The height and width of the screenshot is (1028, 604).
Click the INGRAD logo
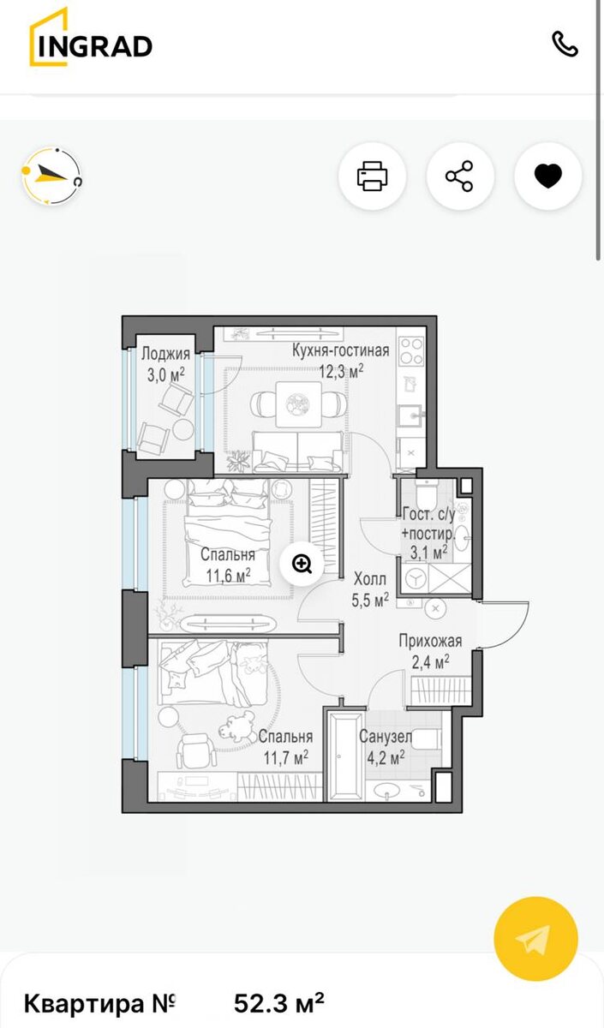tap(91, 37)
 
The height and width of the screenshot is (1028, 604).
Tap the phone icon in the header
tap(565, 44)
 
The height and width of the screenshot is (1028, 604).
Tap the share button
tap(459, 176)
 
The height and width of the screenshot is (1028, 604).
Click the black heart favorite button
tap(548, 176)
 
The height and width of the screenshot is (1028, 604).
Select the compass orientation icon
tap(52, 176)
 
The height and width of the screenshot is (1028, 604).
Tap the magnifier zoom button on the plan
tap(302, 564)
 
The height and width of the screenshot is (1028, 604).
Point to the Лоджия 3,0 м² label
tap(165, 364)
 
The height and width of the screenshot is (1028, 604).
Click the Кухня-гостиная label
tap(341, 350)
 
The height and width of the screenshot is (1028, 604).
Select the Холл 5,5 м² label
tap(370, 589)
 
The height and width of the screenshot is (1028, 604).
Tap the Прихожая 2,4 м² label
tap(430, 651)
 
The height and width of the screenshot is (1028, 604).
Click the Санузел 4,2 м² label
tap(386, 747)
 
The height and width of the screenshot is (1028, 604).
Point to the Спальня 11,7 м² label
tap(285, 747)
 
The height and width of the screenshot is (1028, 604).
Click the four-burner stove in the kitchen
tap(410, 351)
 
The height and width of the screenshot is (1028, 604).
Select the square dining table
tap(298, 403)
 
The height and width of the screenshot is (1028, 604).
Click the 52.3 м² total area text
tap(279, 1003)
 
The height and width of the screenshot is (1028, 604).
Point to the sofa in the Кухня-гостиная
tap(297, 451)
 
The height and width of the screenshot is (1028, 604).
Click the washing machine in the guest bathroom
tap(415, 579)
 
